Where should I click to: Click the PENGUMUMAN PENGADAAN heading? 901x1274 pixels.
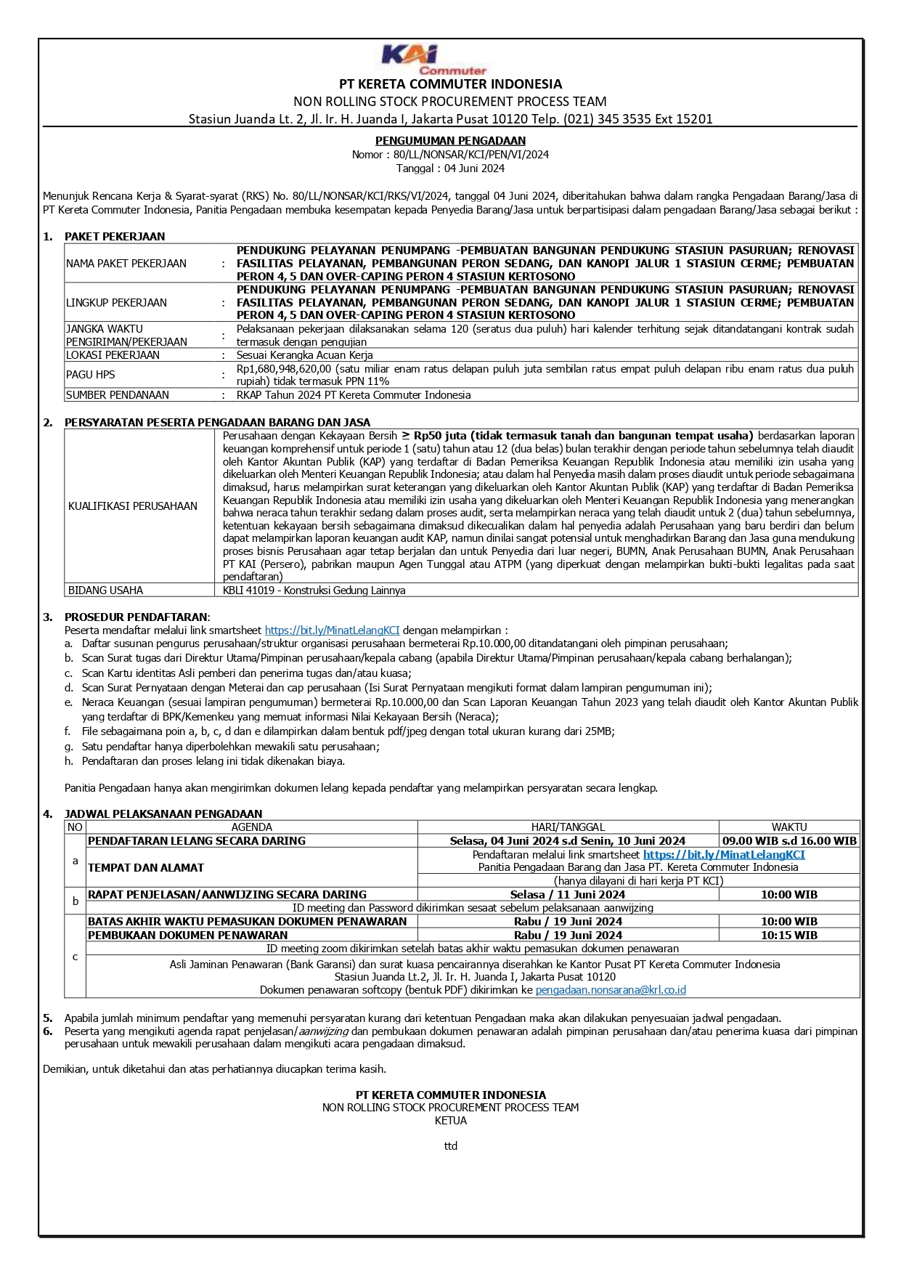point(450,141)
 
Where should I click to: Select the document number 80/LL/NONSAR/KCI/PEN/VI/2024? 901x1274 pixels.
point(471,155)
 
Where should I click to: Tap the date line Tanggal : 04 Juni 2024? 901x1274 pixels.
point(450,169)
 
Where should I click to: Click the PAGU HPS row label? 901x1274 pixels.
point(90,375)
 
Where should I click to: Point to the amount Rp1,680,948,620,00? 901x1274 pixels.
point(284,369)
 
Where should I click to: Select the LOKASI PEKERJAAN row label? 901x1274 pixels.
point(113,355)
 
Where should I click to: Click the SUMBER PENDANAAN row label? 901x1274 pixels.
point(118,395)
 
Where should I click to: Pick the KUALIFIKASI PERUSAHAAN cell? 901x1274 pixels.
point(133,506)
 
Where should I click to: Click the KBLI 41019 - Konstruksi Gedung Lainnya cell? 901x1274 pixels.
point(314,591)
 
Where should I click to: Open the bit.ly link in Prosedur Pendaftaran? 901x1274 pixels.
point(332,630)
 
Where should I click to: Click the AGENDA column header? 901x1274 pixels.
point(251,827)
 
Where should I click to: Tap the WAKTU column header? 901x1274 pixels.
point(789,827)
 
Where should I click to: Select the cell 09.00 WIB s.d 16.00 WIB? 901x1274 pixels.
point(789,841)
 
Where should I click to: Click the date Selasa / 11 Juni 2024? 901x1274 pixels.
point(568,895)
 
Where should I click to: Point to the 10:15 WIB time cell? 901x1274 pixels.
point(789,936)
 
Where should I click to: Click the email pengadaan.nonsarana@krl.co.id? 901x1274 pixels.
point(611,990)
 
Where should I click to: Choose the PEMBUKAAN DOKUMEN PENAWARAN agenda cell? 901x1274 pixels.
point(188,936)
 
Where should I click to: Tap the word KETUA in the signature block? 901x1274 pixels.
point(450,1121)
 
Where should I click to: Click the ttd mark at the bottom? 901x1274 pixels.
point(450,1146)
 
